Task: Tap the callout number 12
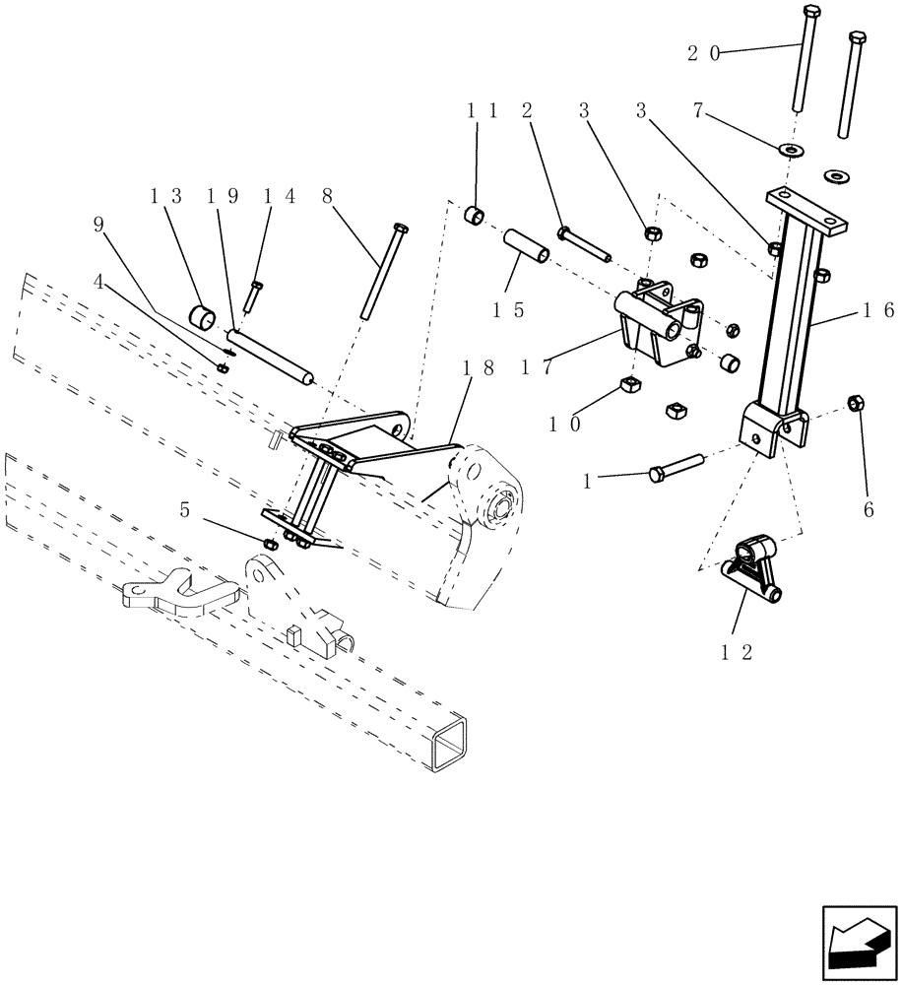[x=739, y=651]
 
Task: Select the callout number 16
[x=877, y=310]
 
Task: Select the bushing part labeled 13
[x=205, y=318]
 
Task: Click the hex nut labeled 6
[x=856, y=403]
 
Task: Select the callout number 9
[x=97, y=226]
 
